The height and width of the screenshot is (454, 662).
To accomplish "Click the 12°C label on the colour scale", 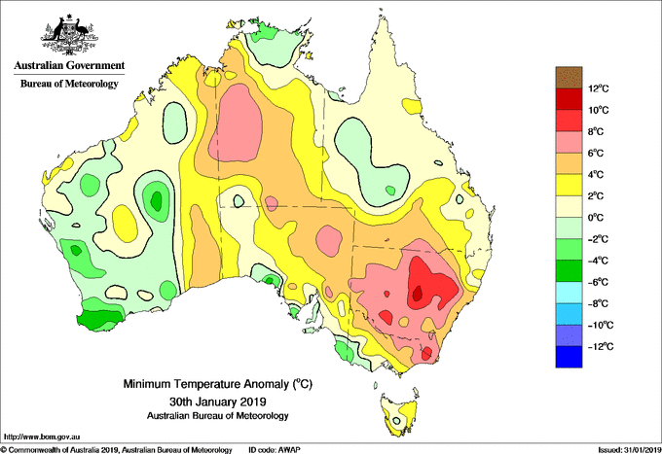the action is coord(599,88).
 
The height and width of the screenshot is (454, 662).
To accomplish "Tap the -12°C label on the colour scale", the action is coord(601,346).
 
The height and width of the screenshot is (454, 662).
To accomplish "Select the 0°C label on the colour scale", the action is coord(596,218).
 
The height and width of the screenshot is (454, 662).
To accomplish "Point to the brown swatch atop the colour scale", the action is coord(569,77).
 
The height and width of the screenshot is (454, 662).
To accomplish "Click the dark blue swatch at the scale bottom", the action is coord(569,357).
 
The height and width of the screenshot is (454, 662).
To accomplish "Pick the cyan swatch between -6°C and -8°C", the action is coord(569,293).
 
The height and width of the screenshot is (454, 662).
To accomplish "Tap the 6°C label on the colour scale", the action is coord(596,153).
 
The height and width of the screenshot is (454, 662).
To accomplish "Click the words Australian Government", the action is coord(69,65).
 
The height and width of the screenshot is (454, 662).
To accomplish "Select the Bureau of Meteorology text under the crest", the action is coord(69,84).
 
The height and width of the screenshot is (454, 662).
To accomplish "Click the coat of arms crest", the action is coord(70,35).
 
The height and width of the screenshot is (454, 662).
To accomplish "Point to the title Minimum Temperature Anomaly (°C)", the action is coord(217,384).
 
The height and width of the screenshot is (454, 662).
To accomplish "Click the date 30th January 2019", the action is coord(218,401).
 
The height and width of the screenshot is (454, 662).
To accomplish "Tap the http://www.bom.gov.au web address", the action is coord(41,437).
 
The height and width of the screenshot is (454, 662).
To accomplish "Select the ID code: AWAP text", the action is coord(275,450).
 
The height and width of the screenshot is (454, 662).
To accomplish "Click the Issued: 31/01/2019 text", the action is coord(630,450).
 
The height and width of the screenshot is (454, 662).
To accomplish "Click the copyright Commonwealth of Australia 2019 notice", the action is coord(117,450).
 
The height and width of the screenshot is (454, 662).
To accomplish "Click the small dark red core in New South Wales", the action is coord(418,293).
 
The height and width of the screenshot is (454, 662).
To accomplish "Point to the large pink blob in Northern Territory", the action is coord(237,122).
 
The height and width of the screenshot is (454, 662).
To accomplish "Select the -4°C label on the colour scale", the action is coord(598,261).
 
